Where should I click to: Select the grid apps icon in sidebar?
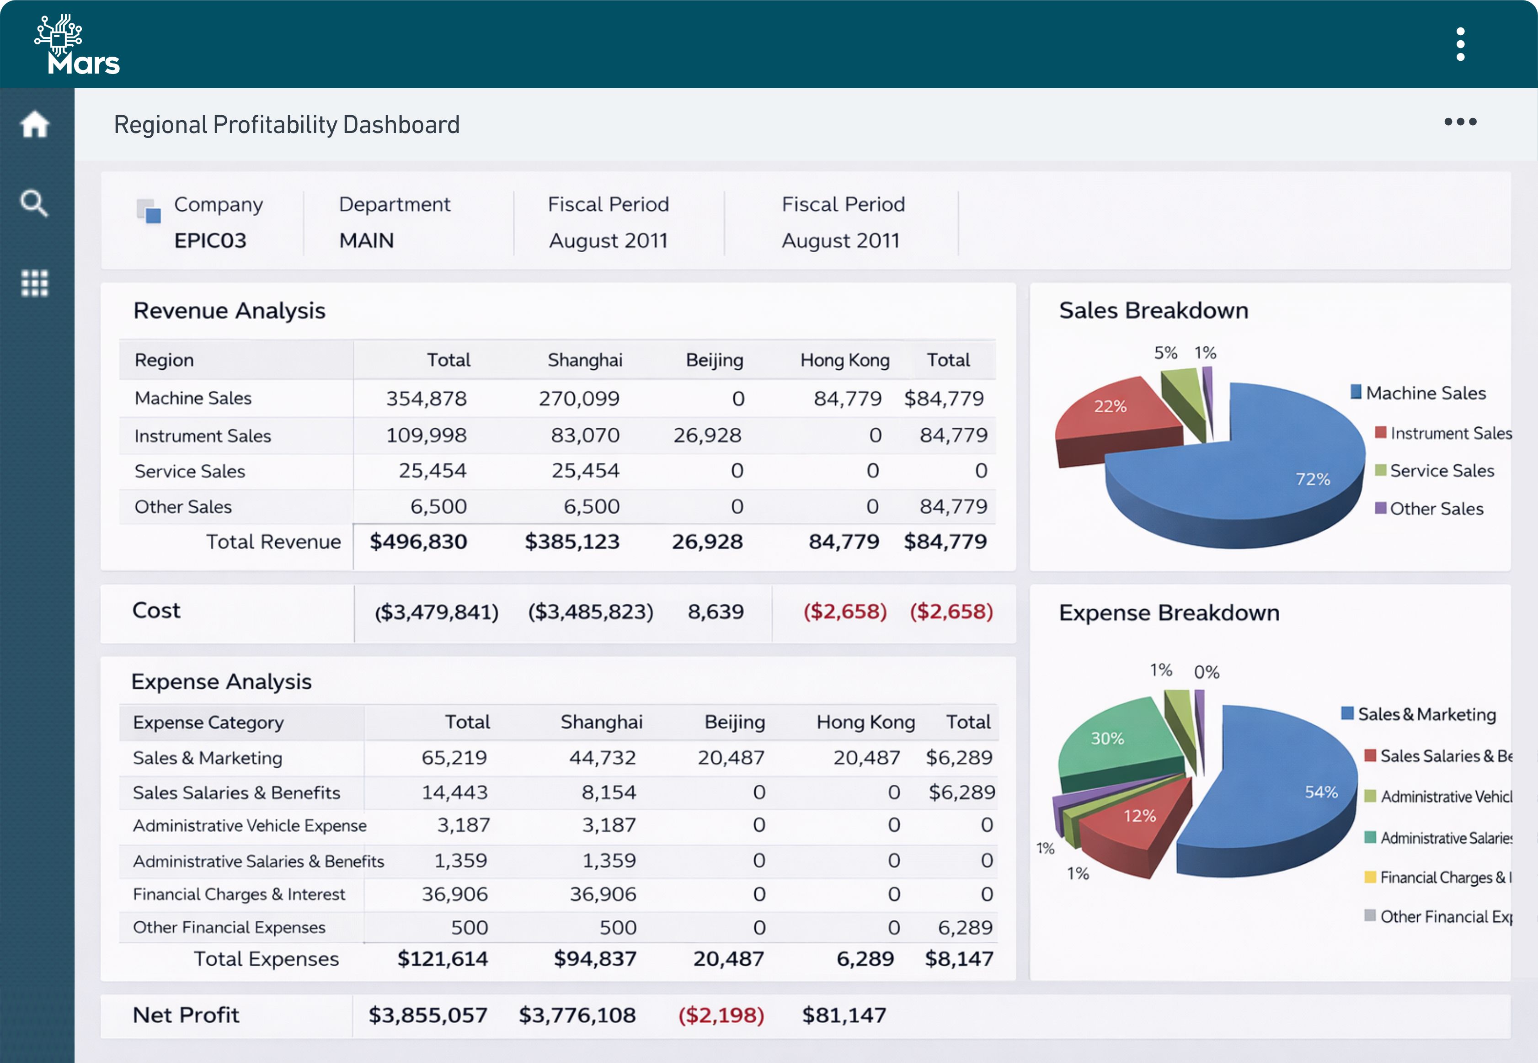[x=35, y=283]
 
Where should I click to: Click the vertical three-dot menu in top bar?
[x=1460, y=44]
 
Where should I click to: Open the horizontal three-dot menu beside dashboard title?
[x=1460, y=122]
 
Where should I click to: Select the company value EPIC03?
[x=210, y=240]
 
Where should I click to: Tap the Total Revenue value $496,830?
[x=418, y=542]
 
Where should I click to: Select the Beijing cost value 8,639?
[x=715, y=611]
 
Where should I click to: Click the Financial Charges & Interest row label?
[x=239, y=894]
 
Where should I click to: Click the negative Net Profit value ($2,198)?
[x=721, y=1015]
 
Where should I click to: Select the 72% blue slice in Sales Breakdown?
[x=1266, y=473]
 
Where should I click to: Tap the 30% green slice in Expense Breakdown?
[x=1113, y=739]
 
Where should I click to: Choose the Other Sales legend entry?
[x=1436, y=509]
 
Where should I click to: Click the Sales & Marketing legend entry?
[x=1426, y=714]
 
